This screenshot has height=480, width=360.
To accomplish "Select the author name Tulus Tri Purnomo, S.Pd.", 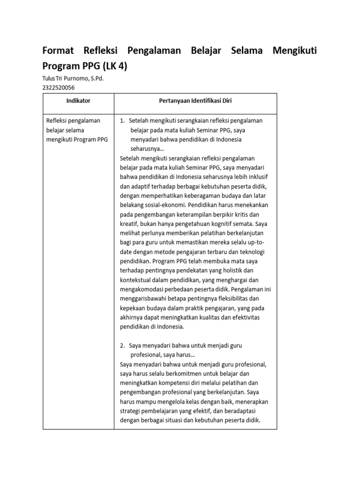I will click(x=73, y=78).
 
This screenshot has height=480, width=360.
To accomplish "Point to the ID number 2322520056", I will click(x=59, y=87).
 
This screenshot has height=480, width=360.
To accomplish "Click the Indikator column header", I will click(x=78, y=101).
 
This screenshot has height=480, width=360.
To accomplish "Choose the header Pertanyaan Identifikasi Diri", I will click(x=195, y=101).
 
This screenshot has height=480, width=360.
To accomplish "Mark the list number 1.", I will click(x=122, y=121).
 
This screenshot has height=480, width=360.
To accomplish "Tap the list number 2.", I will click(x=122, y=345).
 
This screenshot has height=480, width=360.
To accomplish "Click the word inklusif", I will click(x=256, y=177).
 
